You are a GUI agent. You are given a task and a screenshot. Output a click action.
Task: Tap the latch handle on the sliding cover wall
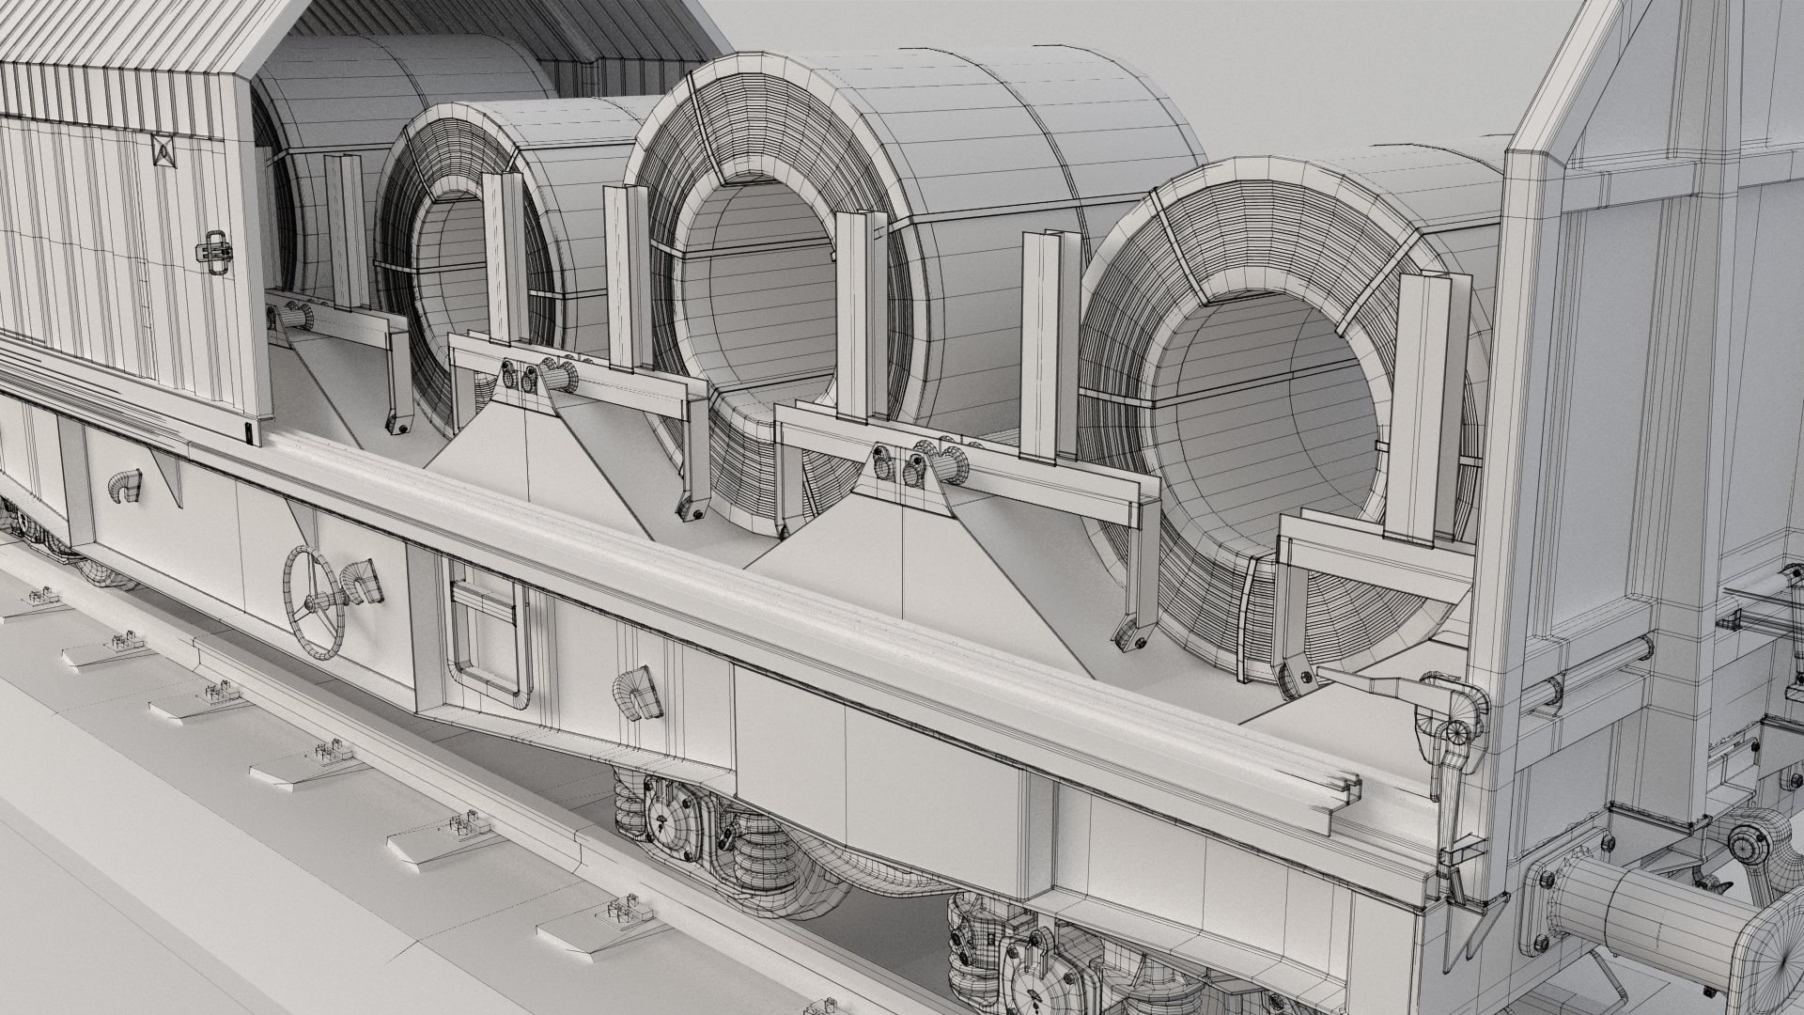tap(215, 249)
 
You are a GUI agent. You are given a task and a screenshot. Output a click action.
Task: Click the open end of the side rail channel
tap(1345, 808)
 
